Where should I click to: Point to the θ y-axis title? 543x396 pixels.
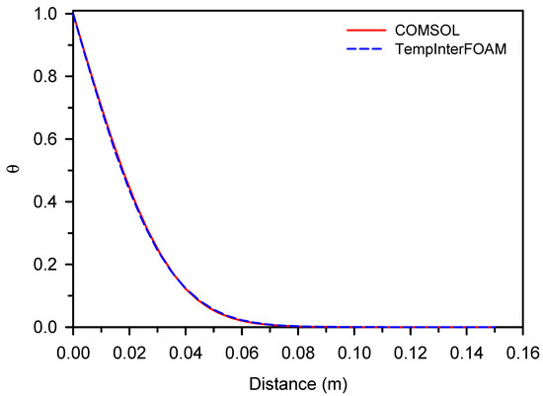pos(13,169)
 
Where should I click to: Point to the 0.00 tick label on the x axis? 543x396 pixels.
pos(73,350)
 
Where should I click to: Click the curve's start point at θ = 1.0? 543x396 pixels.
pos(73,14)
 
